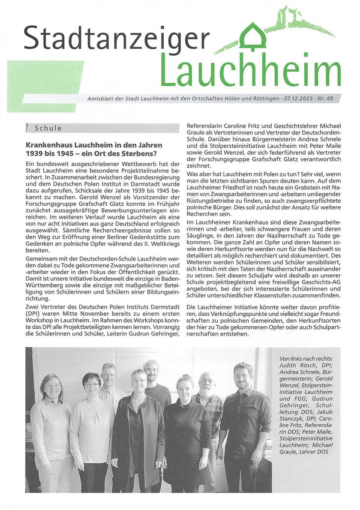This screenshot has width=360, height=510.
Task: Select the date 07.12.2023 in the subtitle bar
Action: (x=298, y=99)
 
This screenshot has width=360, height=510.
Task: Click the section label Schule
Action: (x=48, y=128)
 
